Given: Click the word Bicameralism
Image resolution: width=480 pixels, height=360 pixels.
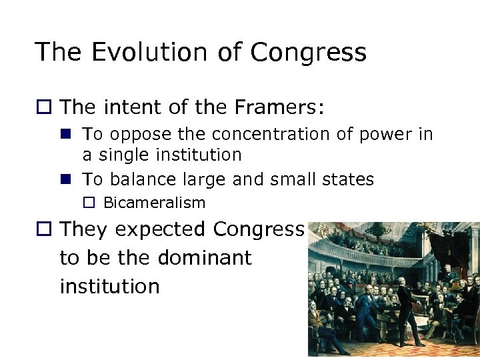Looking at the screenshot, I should click(154, 203).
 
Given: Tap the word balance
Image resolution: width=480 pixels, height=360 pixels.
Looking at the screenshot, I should click(136, 179).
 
